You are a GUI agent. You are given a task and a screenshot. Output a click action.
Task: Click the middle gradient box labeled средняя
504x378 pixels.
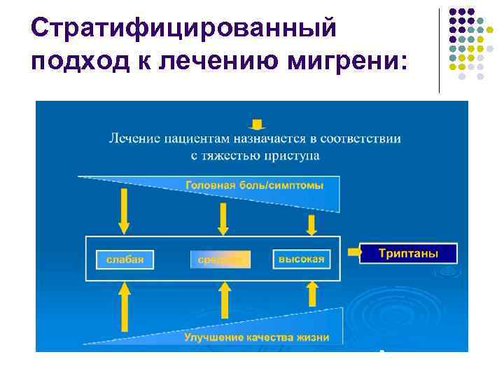click(219, 259)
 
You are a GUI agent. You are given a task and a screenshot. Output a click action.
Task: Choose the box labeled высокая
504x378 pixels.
click(301, 259)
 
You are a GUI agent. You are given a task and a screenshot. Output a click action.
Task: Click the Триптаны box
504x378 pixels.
click(408, 253)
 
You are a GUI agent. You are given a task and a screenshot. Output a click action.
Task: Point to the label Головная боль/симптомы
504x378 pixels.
click(253, 185)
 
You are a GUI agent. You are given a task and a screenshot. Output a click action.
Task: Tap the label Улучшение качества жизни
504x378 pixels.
click(256, 337)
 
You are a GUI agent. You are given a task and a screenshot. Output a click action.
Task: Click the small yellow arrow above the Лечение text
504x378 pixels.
click(258, 125)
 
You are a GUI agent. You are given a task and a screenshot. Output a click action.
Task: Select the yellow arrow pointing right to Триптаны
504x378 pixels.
click(351, 250)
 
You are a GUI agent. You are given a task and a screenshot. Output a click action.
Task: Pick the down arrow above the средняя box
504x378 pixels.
click(223, 219)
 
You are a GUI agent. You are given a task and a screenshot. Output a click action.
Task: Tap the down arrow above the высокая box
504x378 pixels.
click(311, 224)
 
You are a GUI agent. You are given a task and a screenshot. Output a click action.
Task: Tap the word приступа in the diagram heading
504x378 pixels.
click(291, 155)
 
